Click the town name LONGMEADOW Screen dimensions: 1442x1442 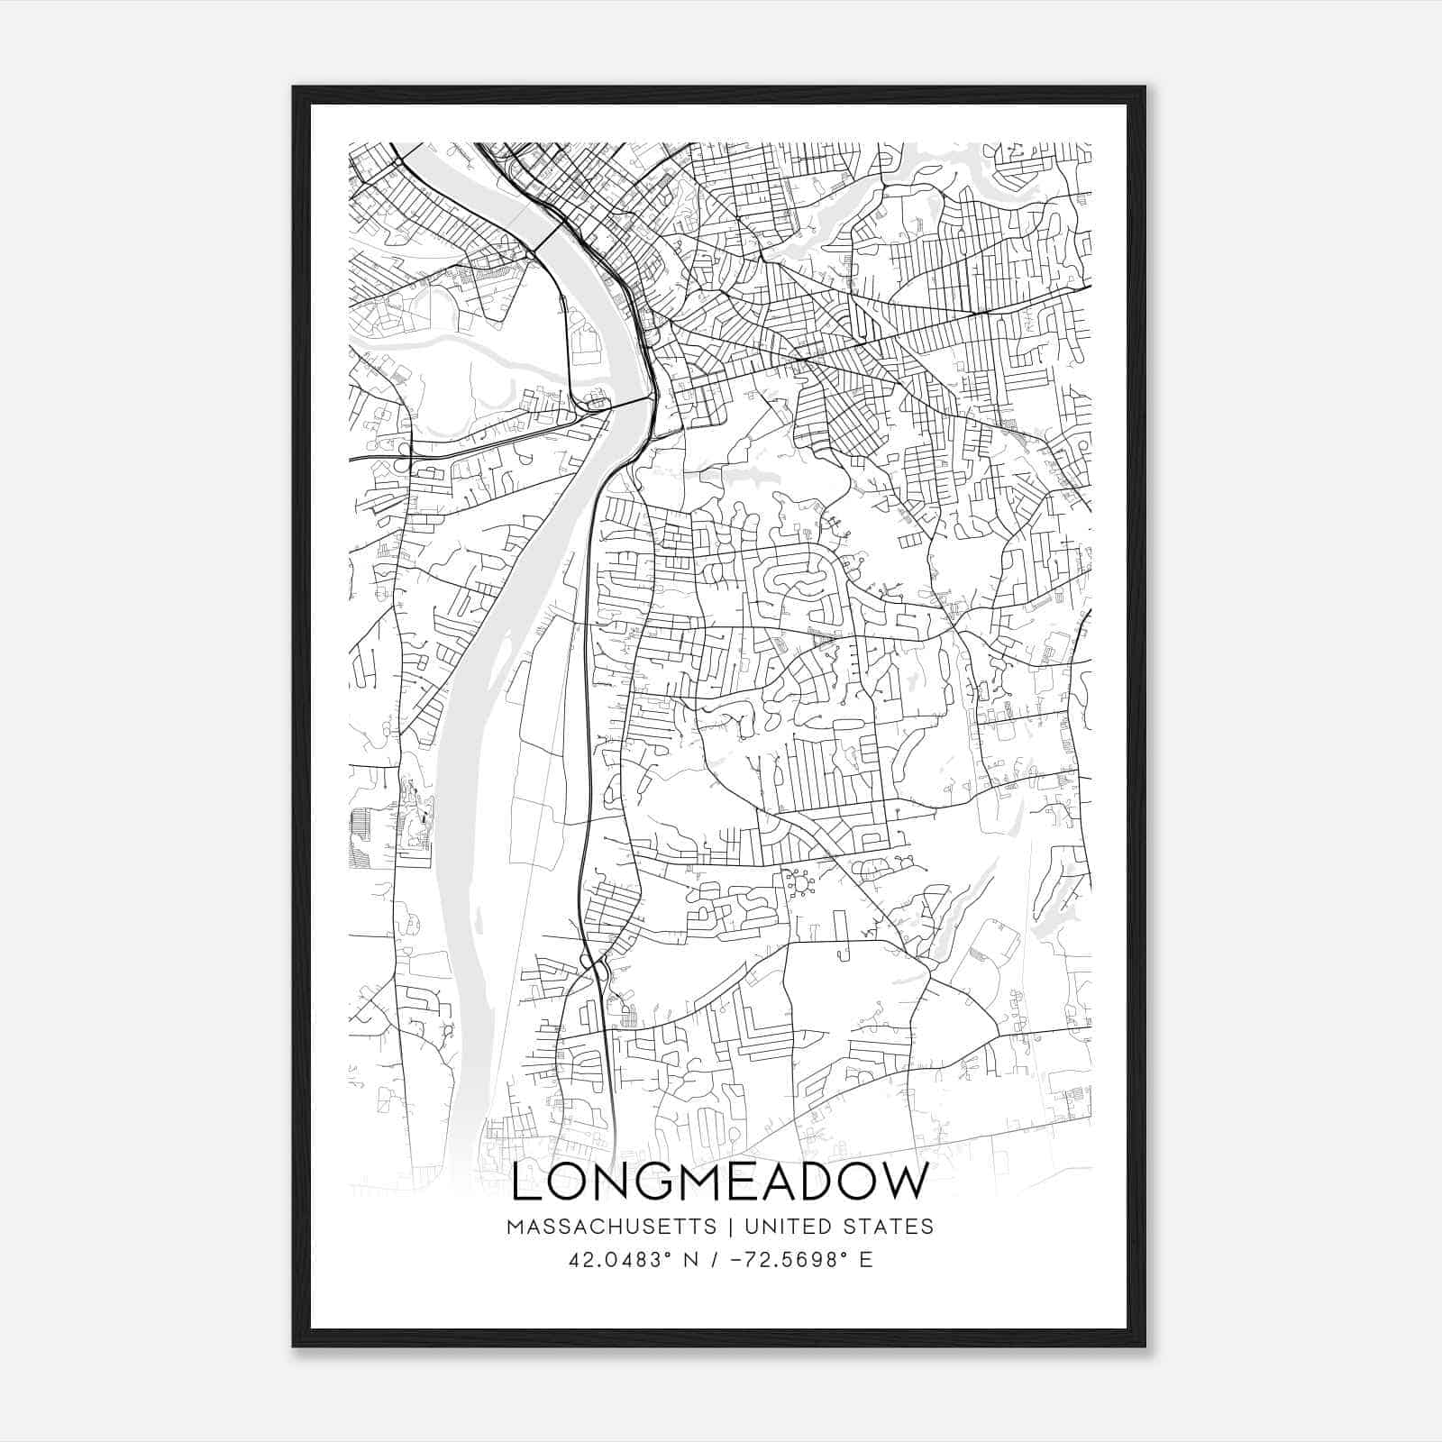point(719,1183)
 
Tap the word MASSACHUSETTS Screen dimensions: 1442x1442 point(612,1227)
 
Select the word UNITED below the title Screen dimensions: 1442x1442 point(793,1227)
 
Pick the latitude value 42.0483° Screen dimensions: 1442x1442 point(621,1260)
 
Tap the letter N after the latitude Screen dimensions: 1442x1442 point(693,1260)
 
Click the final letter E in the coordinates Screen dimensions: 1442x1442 point(866,1260)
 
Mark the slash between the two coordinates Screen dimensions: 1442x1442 point(715,1260)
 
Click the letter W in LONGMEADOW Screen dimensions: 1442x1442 point(902,1183)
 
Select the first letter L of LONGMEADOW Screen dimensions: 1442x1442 point(525,1183)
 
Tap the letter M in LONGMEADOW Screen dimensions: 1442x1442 point(684,1183)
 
